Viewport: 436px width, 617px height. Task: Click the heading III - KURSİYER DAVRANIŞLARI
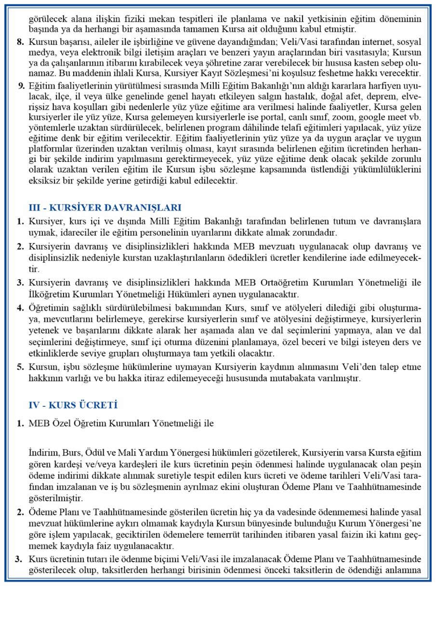[x=105, y=208]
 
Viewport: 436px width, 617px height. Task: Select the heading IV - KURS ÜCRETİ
[x=73, y=405]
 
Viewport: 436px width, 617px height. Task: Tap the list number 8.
[x=20, y=42]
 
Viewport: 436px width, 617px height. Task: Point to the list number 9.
[x=20, y=86]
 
